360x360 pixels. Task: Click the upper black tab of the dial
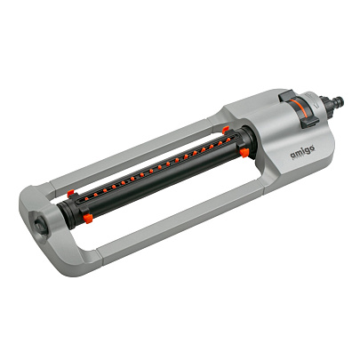[x=286, y=95]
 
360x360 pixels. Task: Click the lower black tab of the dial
[x=309, y=122]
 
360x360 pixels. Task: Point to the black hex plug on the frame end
[x=40, y=223]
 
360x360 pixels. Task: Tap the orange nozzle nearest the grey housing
[x=228, y=140]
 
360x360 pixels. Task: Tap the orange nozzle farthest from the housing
[x=86, y=199]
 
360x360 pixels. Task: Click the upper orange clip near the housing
[x=226, y=129]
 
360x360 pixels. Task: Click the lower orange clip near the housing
[x=244, y=153]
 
